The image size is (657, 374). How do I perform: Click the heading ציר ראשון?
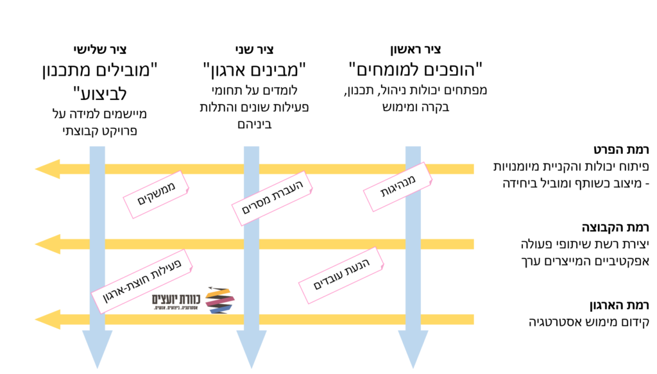click(415, 49)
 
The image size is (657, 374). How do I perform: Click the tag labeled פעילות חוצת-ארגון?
click(137, 280)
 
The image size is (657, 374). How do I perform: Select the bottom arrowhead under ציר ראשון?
click(413, 350)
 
